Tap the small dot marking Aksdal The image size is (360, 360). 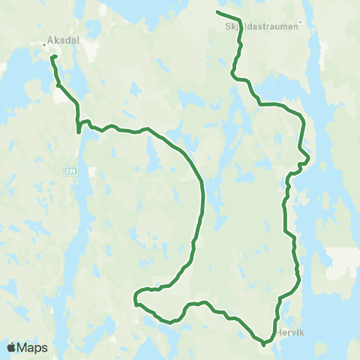pyautogui.click(x=44, y=43)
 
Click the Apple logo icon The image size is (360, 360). pyautogui.click(x=11, y=347)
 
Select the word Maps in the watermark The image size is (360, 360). pyautogui.click(x=33, y=347)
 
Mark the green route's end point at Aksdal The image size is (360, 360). pyautogui.click(x=51, y=56)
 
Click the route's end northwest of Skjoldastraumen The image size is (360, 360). pyautogui.click(x=217, y=13)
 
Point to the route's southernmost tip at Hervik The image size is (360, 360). pyautogui.click(x=265, y=346)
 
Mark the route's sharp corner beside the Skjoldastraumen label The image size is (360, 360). pyautogui.click(x=241, y=21)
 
